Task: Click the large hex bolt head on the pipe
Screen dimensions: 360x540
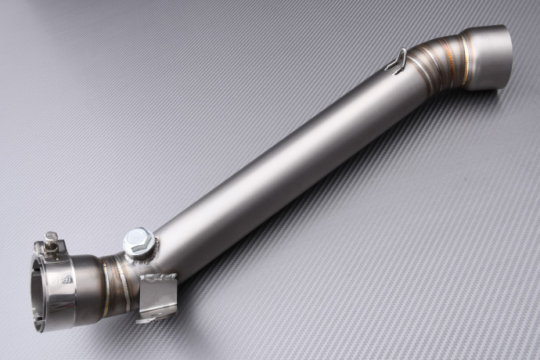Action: point(138,239)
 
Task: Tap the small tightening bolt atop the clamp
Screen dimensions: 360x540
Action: point(52,237)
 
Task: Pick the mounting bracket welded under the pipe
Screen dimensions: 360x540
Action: point(157,293)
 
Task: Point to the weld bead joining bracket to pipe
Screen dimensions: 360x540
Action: point(160,275)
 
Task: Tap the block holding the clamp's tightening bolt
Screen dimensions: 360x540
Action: point(52,249)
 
